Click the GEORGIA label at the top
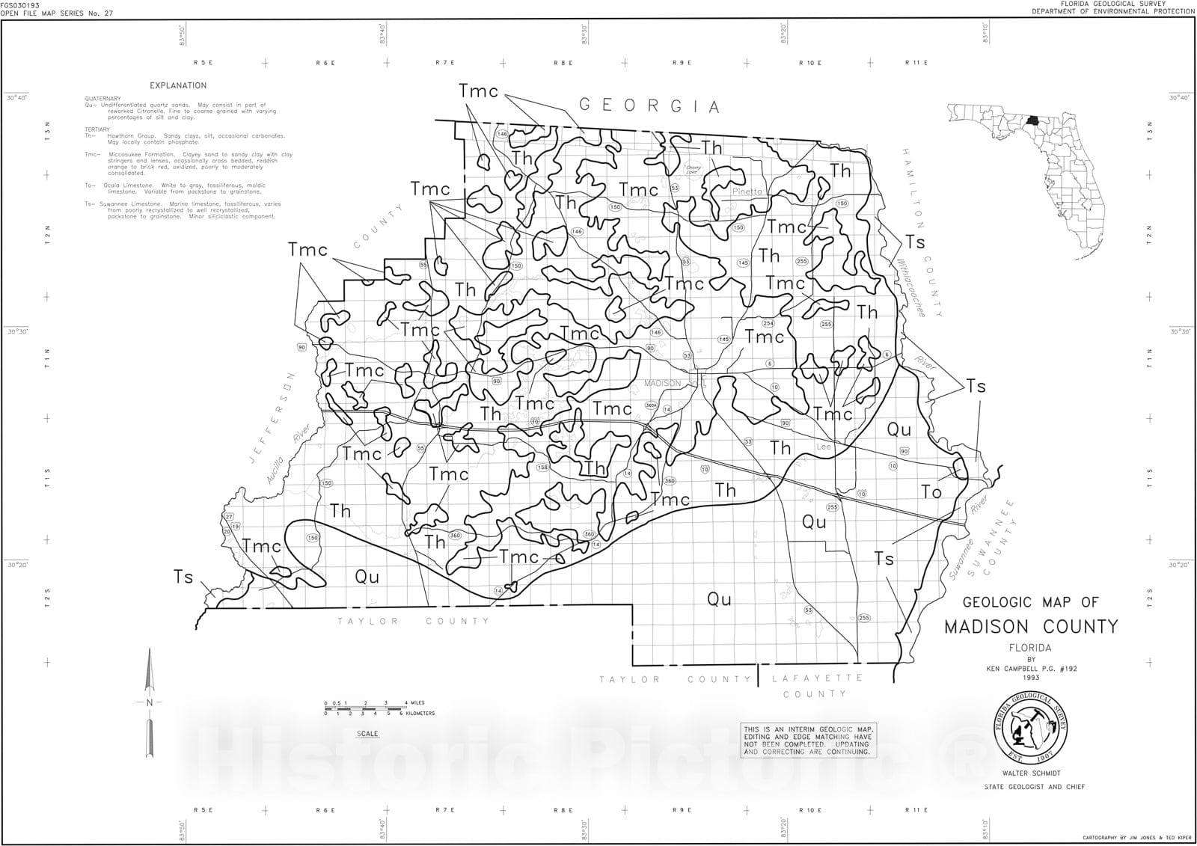pos(650,105)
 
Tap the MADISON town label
pos(663,384)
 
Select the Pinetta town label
pos(747,191)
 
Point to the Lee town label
pos(824,447)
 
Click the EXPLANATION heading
pos(178,86)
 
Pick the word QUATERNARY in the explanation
pos(102,99)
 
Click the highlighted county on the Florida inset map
pos(1034,120)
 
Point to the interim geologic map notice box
pos(808,741)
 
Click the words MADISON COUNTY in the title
pos(1031,626)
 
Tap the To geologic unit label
pos(931,491)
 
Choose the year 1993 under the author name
pos(1032,678)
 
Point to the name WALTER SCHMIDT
pos(1034,772)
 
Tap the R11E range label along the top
pos(916,63)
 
